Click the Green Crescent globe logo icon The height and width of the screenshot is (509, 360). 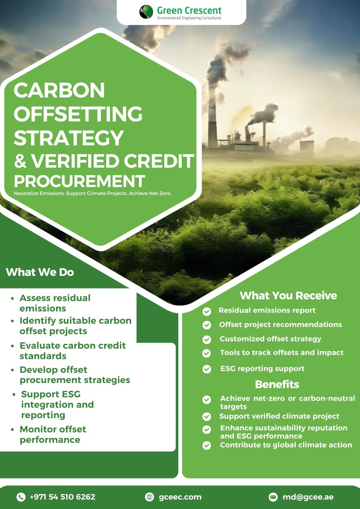146,11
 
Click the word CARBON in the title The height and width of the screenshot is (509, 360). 59,90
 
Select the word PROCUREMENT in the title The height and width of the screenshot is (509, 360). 79,181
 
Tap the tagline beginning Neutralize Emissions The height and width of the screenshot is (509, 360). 93,193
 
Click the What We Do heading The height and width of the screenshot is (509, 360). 40,272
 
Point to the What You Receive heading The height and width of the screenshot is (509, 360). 288,296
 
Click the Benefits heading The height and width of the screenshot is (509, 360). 277,384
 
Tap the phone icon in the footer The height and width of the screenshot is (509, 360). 21,497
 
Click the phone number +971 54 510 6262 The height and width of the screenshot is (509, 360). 62,497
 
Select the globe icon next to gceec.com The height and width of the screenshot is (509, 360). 149,497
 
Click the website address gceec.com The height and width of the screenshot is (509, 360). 180,497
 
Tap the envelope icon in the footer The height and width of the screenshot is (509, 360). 273,497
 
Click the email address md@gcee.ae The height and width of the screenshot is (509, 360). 308,497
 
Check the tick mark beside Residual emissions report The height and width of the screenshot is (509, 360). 207,311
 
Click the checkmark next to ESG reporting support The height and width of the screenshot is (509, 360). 207,369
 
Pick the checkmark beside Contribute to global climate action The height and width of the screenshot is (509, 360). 207,445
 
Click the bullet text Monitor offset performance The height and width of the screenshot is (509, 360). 53,434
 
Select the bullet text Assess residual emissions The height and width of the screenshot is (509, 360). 55,303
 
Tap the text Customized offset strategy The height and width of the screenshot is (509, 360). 271,339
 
